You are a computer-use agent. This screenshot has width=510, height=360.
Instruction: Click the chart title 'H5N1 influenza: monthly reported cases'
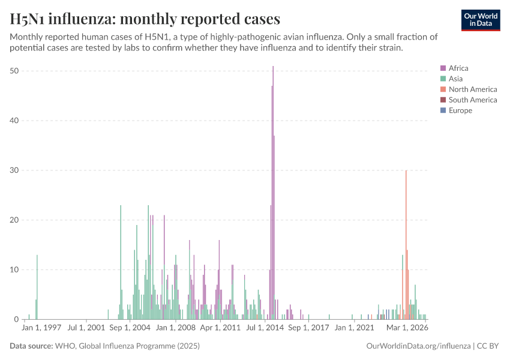click(x=145, y=19)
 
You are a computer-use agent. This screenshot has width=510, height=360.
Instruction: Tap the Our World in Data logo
click(x=481, y=20)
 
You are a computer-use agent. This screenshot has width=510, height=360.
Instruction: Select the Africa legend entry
click(x=458, y=68)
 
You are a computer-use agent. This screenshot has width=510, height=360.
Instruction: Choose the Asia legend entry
click(x=455, y=79)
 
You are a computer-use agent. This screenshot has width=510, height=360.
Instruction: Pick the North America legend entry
click(x=473, y=89)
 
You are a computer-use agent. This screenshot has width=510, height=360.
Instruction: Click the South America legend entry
click(x=473, y=100)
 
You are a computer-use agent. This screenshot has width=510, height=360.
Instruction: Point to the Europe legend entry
click(x=460, y=110)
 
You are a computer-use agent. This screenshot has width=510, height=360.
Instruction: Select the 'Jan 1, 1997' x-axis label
click(x=42, y=329)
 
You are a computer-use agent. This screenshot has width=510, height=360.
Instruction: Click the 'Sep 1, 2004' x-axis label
click(x=130, y=329)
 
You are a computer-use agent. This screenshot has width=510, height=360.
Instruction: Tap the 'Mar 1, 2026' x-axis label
click(x=407, y=329)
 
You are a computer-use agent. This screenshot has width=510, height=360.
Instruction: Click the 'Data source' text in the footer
click(x=104, y=346)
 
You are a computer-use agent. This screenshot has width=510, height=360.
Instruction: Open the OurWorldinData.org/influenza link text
click(x=418, y=346)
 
